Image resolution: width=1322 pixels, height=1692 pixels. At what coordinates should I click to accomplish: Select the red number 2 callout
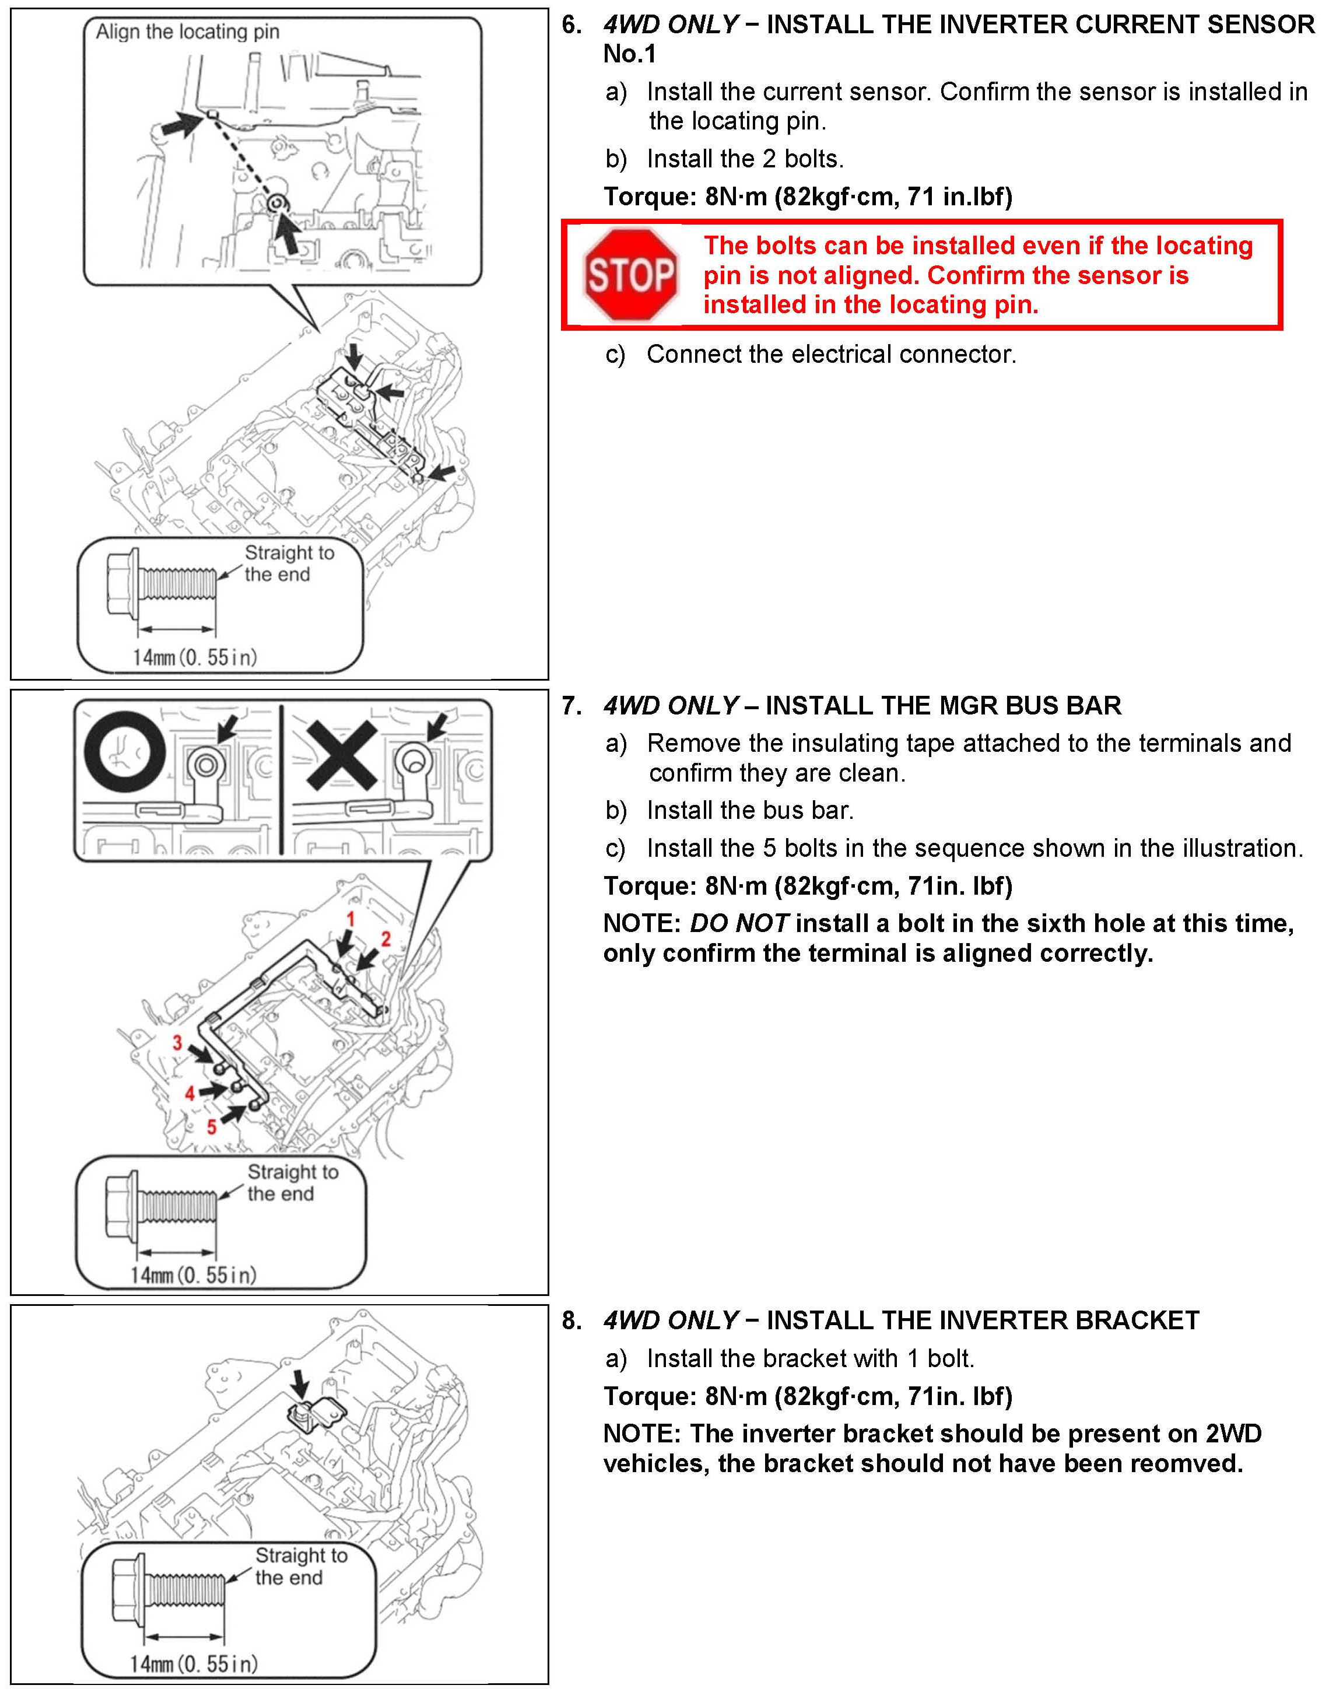385,939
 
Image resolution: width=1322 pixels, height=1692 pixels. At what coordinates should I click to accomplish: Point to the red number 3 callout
177,1043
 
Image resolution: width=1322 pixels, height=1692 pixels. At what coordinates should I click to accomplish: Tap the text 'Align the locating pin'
187,31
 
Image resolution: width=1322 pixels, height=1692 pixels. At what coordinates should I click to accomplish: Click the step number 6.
571,25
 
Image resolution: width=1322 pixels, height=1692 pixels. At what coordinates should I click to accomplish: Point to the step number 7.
571,706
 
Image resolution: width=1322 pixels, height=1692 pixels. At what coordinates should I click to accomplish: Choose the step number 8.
571,1320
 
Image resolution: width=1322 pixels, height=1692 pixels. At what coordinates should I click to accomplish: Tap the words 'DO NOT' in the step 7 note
739,923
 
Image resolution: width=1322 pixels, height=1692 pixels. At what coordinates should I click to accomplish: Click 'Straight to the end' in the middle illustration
292,1183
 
